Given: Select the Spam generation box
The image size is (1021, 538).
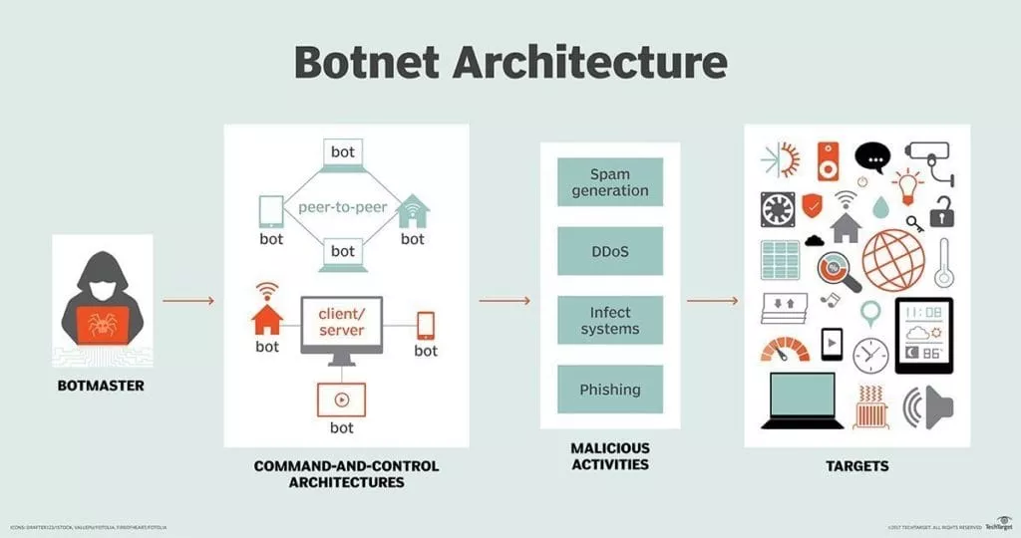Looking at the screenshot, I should click(x=610, y=182).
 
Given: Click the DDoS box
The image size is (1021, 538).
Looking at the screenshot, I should click(x=610, y=251).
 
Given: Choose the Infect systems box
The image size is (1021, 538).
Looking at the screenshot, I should click(x=610, y=321).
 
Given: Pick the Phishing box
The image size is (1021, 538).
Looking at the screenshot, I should click(x=610, y=390).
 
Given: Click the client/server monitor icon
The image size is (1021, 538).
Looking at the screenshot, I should click(x=341, y=328).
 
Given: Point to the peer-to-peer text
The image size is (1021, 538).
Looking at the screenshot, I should click(x=342, y=209).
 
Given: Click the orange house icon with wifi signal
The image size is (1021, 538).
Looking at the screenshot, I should click(x=267, y=315).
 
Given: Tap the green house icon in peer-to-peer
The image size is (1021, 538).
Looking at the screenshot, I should click(x=413, y=212).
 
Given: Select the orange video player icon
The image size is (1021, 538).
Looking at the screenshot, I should click(x=342, y=400).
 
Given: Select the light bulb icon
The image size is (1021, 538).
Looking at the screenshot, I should click(x=907, y=186).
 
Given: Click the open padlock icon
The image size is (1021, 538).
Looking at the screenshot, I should click(x=942, y=211).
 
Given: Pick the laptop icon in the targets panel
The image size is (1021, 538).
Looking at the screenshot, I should click(x=802, y=399).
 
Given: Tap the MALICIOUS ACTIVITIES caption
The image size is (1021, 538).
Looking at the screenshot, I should click(x=610, y=456).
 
